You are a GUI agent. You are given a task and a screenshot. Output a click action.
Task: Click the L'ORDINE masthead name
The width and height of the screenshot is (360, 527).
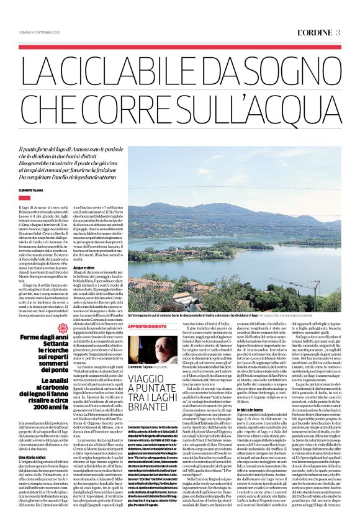click(x=317, y=15)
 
